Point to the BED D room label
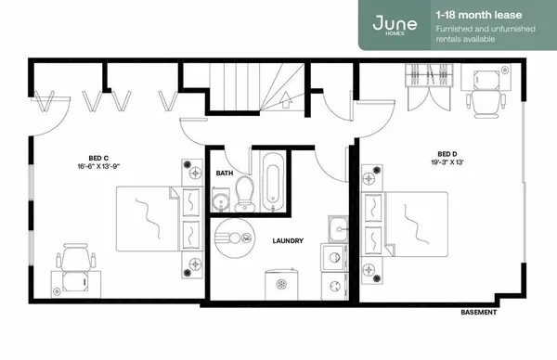click(447, 154)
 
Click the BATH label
click(225, 174)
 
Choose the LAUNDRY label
click(288, 241)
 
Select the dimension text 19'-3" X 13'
click(447, 163)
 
